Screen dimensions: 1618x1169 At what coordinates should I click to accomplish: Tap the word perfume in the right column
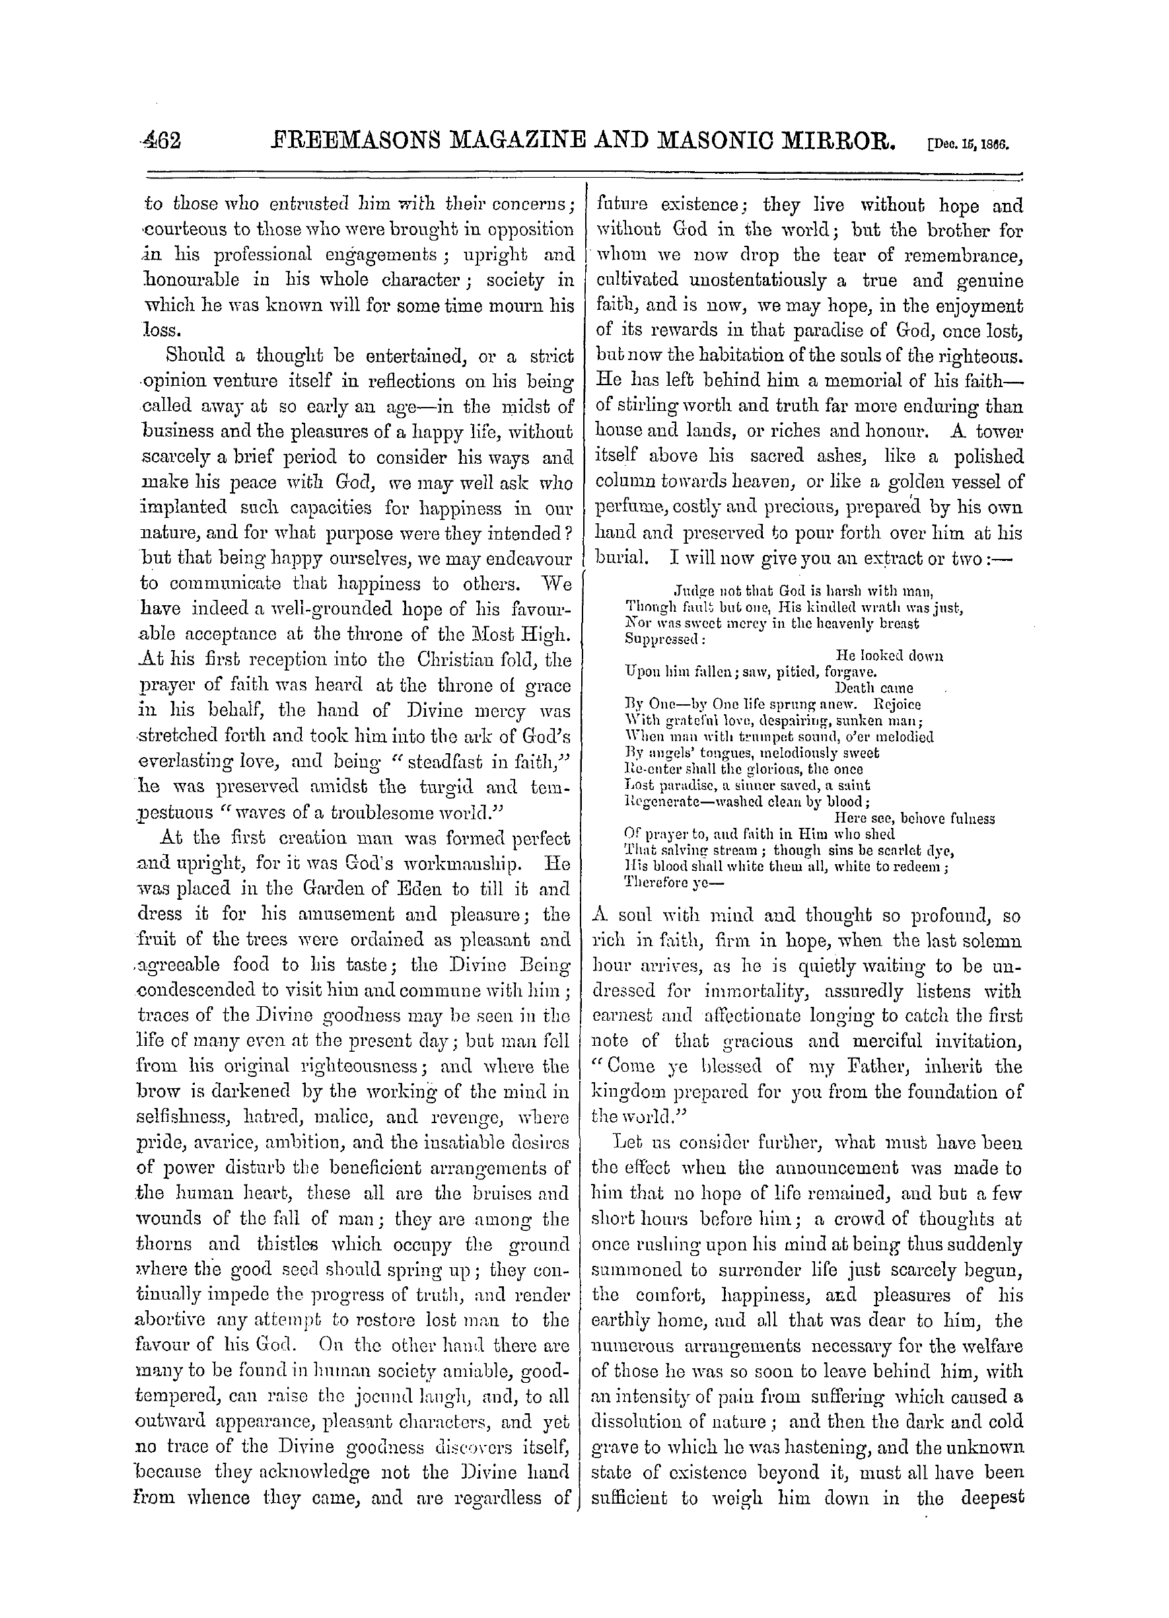click(630, 508)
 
